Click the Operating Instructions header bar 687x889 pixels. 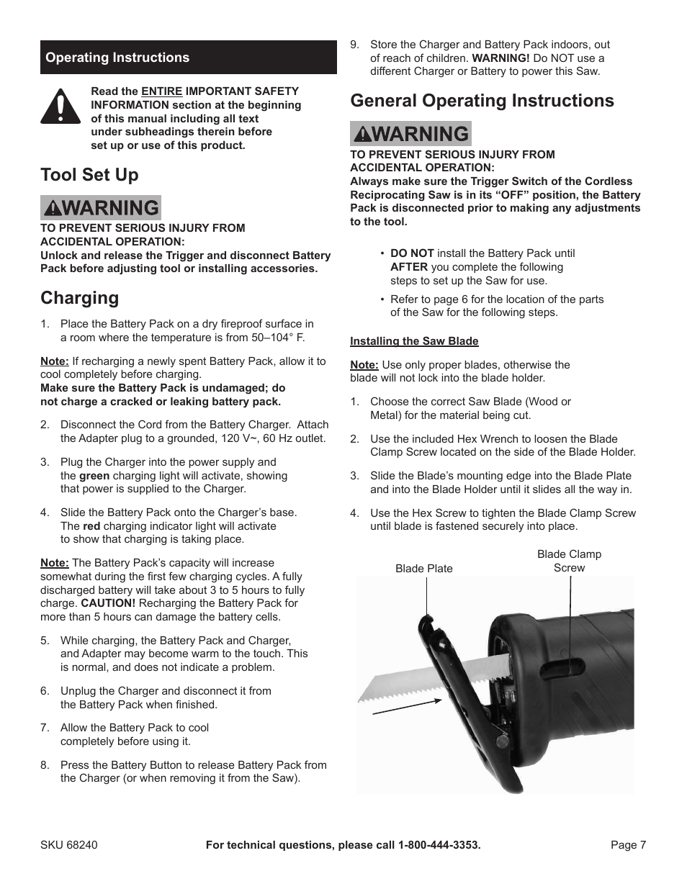[x=188, y=58]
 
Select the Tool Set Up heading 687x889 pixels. [x=89, y=175]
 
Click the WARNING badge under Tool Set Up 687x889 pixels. [x=101, y=208]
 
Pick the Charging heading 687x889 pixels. [x=80, y=298]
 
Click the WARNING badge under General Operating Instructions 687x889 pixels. [x=410, y=134]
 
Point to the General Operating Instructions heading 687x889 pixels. [x=482, y=101]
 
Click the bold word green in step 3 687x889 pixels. [x=94, y=476]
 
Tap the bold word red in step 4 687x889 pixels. [x=91, y=526]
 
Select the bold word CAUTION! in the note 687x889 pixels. [x=108, y=603]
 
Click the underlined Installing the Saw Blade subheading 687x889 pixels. [x=414, y=341]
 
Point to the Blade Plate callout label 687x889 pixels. [x=424, y=569]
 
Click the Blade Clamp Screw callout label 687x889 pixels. [x=569, y=561]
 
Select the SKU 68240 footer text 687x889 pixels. [x=68, y=844]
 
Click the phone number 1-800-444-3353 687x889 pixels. [x=439, y=844]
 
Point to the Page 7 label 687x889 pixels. [x=628, y=844]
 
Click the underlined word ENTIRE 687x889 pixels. [x=162, y=91]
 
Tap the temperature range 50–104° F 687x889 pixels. [x=274, y=338]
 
